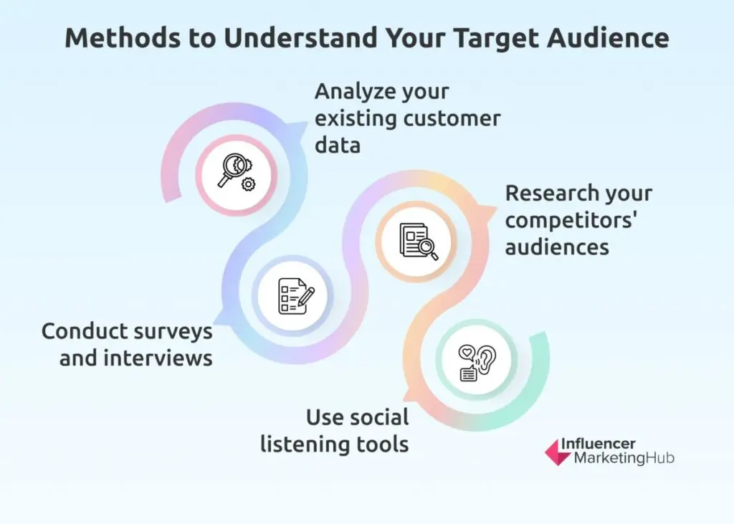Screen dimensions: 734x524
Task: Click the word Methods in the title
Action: tap(123, 37)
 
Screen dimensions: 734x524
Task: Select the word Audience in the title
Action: tap(608, 37)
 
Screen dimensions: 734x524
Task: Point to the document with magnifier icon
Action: tap(419, 241)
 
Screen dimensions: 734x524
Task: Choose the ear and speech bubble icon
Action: tap(477, 363)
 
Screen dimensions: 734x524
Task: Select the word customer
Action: tap(452, 118)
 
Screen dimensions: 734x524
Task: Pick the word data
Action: tap(338, 145)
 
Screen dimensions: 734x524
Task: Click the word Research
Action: tap(547, 193)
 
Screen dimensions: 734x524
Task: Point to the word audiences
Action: tap(557, 247)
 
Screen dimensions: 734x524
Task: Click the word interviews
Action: tap(158, 358)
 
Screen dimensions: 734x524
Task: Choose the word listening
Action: tap(298, 444)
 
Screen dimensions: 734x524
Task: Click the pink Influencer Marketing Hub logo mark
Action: tap(557, 452)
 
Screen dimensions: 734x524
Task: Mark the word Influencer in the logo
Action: tap(598, 444)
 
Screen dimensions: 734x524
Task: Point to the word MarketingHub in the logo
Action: tap(624, 457)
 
